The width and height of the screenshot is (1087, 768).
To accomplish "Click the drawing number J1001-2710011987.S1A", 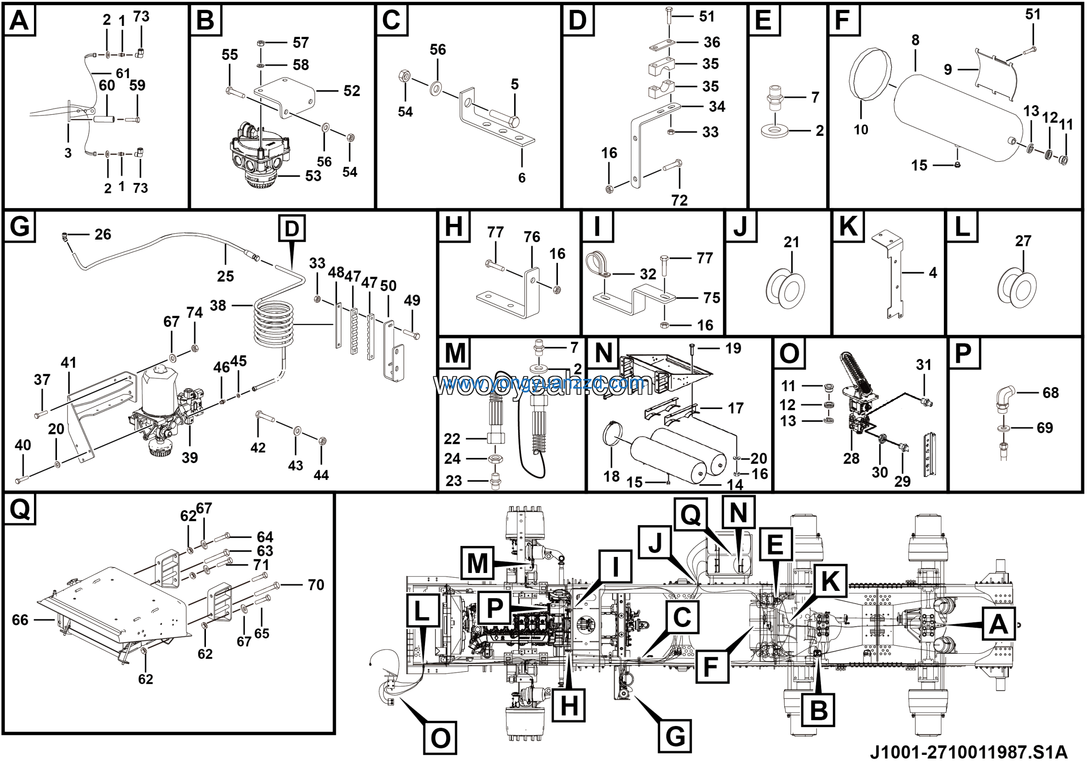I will tap(969, 752).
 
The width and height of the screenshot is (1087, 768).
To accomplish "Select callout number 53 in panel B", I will tap(313, 176).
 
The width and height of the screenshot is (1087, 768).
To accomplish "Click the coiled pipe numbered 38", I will tap(273, 322).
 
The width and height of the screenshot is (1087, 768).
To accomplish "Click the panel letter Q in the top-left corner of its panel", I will tap(20, 509).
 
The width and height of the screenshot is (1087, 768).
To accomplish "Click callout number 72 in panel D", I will tap(679, 200).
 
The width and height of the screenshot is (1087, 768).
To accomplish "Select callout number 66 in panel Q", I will tap(20, 620).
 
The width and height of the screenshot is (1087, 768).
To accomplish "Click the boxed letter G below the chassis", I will tap(675, 736).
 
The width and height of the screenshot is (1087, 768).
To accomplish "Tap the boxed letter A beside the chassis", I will tap(998, 624).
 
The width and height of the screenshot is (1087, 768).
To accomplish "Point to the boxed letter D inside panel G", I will tap(292, 229).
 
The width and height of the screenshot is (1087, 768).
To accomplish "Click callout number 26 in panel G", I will tap(103, 234).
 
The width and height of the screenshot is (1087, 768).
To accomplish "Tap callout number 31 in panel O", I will tap(923, 364).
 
